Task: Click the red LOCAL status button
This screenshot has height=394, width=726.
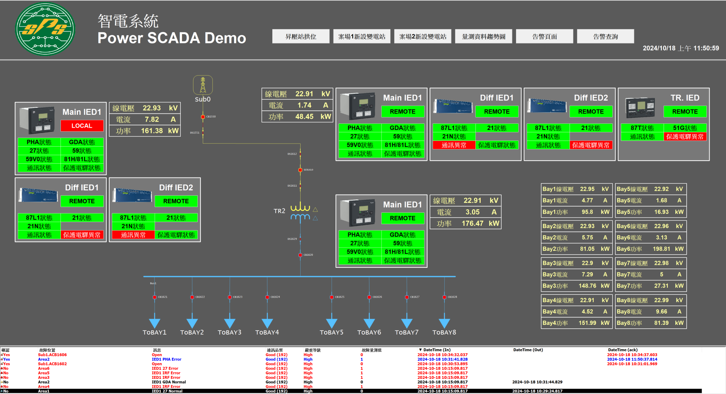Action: (x=82, y=126)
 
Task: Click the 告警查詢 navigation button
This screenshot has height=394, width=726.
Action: (x=605, y=37)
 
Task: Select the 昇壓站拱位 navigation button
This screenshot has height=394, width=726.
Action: (x=301, y=37)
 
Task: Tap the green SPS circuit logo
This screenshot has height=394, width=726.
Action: (x=45, y=29)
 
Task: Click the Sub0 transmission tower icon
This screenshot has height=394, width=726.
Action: (x=203, y=85)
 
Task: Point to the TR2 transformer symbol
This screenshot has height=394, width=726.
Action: (x=300, y=213)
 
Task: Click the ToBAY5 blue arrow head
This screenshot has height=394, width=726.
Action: (x=332, y=323)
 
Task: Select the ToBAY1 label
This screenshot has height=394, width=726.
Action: (x=154, y=332)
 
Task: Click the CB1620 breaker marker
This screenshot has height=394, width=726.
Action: (x=300, y=255)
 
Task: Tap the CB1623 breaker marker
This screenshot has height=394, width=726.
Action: (x=230, y=297)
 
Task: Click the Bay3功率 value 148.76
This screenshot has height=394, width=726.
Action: (x=587, y=286)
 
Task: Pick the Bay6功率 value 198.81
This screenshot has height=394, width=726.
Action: (x=661, y=249)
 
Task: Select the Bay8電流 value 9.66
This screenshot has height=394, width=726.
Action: (x=661, y=312)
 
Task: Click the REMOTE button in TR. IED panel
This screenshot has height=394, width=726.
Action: (x=685, y=112)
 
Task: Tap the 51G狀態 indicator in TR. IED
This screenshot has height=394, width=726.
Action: (x=685, y=128)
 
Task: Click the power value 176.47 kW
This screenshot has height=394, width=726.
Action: (x=472, y=224)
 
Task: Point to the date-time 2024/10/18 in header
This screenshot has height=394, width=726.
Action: (x=659, y=48)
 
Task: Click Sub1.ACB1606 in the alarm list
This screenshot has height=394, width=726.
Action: (x=52, y=355)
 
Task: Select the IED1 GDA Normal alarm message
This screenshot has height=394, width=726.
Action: (x=169, y=382)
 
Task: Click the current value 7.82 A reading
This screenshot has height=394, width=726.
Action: (x=152, y=119)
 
